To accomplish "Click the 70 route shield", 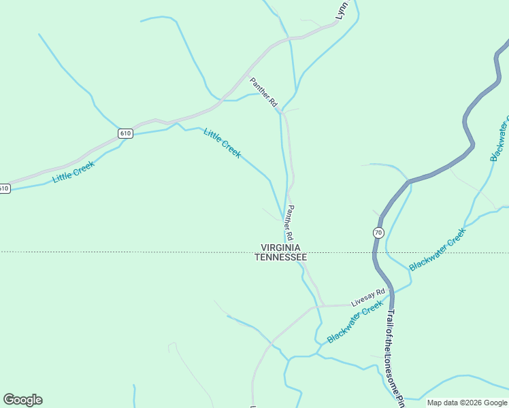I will click(x=378, y=233).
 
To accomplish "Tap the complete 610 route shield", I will click(x=125, y=133).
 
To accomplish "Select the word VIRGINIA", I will click(x=280, y=248).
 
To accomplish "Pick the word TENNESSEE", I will click(x=280, y=258).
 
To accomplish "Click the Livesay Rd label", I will click(x=368, y=296).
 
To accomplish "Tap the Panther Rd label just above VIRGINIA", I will click(x=289, y=222).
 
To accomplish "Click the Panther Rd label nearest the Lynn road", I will click(x=264, y=92).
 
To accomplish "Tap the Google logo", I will click(x=22, y=400).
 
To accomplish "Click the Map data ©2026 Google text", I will click(x=467, y=403).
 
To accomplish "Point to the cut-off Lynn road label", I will click(x=342, y=10).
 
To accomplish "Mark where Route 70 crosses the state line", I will click(x=374, y=252).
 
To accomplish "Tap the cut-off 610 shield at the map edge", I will click(x=4, y=188).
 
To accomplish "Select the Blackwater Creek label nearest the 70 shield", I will click(x=438, y=249).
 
